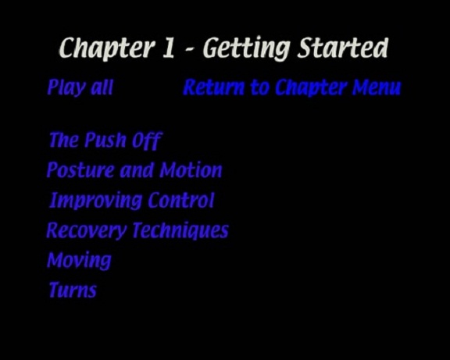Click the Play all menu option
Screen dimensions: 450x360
tap(80, 87)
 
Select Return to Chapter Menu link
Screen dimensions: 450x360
tap(292, 87)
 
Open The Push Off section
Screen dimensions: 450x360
tap(105, 141)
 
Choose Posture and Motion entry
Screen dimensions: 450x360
tap(134, 170)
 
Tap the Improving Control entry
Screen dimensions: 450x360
tap(132, 200)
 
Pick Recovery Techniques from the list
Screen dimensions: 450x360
tap(137, 230)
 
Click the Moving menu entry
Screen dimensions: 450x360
tap(79, 261)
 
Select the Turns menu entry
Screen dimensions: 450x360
tap(73, 290)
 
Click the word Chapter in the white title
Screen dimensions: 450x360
tap(105, 48)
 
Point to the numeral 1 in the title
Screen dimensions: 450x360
tap(169, 48)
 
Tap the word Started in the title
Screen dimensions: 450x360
tap(343, 48)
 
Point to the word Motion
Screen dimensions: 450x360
tap(191, 170)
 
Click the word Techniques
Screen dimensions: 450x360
tap(180, 230)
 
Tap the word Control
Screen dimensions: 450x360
tap(181, 200)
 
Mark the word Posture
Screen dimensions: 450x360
tap(80, 170)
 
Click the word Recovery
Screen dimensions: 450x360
tap(87, 230)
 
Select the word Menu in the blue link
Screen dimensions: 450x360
tap(377, 87)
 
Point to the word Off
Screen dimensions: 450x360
tap(147, 141)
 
